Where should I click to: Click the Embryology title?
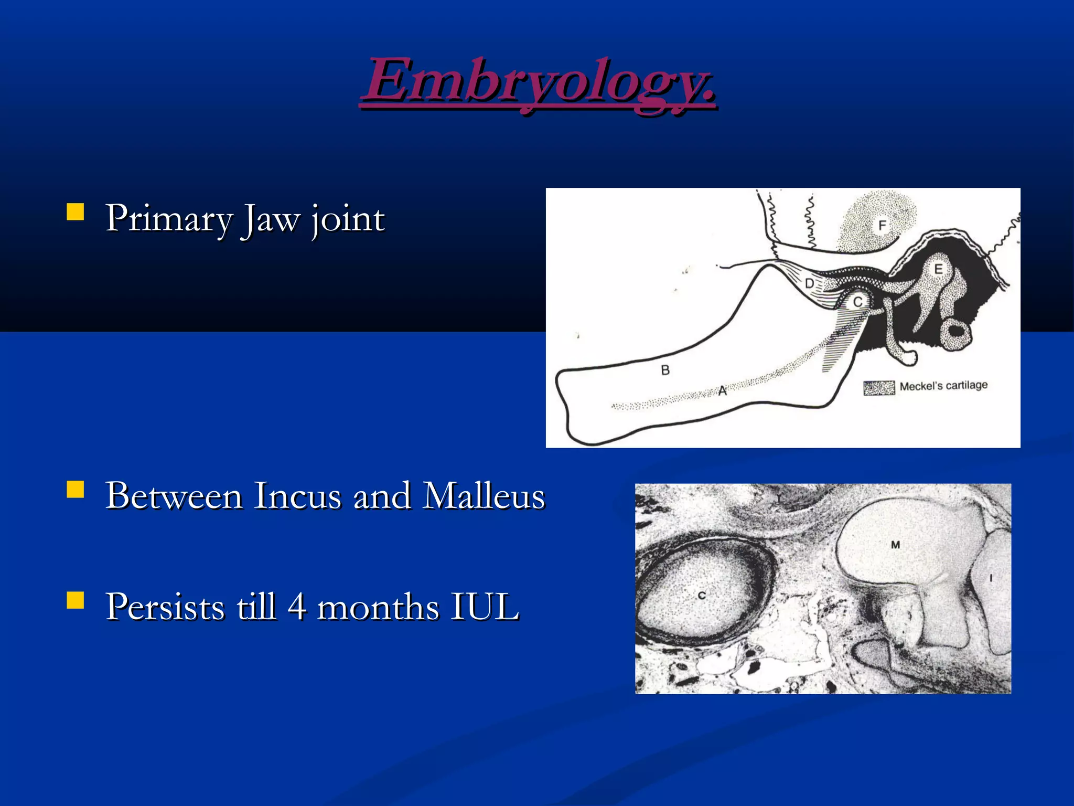click(538, 81)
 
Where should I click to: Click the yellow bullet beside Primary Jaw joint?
click(76, 212)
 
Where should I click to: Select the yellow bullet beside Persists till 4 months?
click(76, 600)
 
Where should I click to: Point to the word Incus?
click(297, 496)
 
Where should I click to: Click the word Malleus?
click(484, 496)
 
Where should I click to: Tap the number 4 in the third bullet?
click(297, 607)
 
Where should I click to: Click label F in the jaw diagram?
click(882, 226)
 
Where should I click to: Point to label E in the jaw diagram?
click(938, 270)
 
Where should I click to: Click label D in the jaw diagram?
click(810, 284)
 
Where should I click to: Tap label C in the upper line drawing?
click(858, 302)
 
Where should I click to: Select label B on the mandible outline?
click(665, 370)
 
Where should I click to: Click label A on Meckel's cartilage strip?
click(722, 391)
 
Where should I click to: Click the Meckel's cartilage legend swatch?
click(879, 388)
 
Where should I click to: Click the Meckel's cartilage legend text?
click(943, 386)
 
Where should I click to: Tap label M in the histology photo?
click(895, 545)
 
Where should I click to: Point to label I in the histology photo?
click(991, 578)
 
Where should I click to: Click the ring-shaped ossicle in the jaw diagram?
click(955, 334)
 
